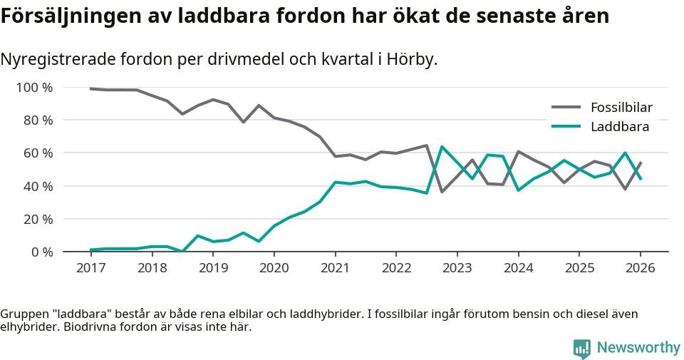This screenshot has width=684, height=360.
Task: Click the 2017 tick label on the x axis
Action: tap(90, 268)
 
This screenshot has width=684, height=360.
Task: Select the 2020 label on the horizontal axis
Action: tap(274, 268)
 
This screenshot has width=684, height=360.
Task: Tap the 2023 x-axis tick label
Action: tap(457, 268)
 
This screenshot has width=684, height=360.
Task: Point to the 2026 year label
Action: tap(640, 268)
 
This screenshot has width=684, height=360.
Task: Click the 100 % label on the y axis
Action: tap(34, 88)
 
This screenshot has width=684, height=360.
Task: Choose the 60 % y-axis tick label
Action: tap(37, 153)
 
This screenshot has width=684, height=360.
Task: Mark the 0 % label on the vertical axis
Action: tap(41, 252)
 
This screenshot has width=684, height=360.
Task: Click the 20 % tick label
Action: tap(37, 219)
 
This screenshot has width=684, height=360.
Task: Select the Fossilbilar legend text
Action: tap(621, 108)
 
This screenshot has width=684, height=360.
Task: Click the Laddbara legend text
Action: tap(619, 127)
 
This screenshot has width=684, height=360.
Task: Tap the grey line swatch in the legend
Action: tap(566, 108)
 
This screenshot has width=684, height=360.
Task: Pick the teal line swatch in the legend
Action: tap(566, 127)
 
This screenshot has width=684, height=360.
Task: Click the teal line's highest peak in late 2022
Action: tap(442, 147)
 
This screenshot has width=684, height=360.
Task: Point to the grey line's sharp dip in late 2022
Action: tap(442, 192)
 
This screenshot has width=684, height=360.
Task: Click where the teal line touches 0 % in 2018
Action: tap(182, 251)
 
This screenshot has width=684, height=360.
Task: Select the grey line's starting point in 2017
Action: tap(90, 88)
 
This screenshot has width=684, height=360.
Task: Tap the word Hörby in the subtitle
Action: tap(411, 59)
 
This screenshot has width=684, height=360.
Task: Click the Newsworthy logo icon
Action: tap(582, 348)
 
